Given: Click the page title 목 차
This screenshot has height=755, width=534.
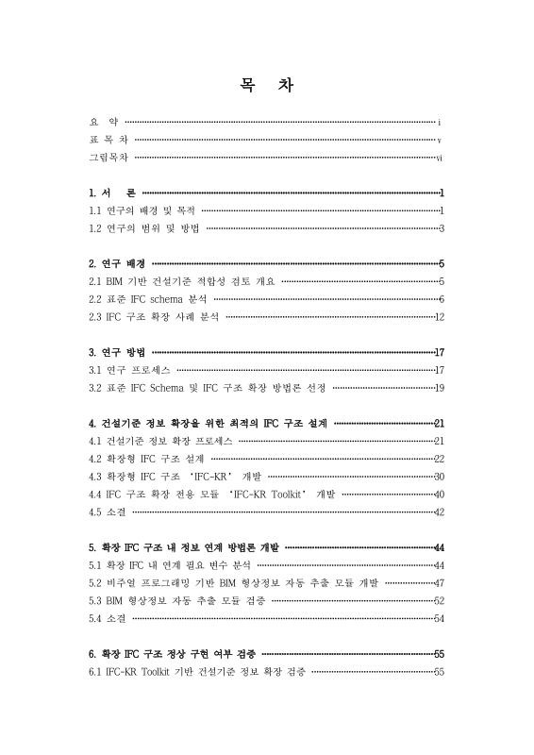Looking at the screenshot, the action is [x=266, y=83].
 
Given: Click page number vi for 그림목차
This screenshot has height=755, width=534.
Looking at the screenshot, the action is [x=441, y=158].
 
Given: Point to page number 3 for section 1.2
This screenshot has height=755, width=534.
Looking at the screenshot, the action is [x=442, y=227].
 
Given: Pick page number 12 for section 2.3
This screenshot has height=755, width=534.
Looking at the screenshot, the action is [x=439, y=317].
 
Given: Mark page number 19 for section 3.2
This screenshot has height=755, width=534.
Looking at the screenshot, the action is [x=439, y=388].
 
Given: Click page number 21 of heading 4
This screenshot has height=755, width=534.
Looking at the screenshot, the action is [x=439, y=424].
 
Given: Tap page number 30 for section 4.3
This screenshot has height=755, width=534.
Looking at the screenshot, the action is [x=439, y=477].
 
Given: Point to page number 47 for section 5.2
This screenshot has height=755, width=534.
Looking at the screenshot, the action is [x=439, y=582].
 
